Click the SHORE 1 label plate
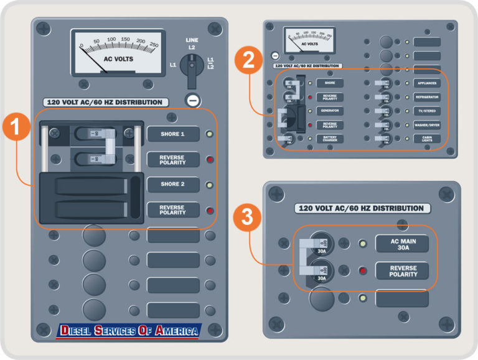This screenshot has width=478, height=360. point(173,134)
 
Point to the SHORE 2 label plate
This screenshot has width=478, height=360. point(173,185)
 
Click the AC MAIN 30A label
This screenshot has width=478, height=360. point(402,244)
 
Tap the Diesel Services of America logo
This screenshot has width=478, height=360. point(128,330)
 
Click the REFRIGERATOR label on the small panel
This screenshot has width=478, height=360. point(427,97)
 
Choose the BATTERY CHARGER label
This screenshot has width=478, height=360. point(330,139)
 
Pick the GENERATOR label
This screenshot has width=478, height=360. point(330,111)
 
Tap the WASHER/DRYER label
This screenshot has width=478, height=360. point(427,125)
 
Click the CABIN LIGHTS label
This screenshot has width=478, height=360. point(427,139)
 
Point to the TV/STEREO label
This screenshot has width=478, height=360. point(427,111)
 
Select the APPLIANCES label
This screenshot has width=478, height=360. point(427,83)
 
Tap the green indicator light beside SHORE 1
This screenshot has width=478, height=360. point(210,134)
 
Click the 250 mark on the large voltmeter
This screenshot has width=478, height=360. point(154,45)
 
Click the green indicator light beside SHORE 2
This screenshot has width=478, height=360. point(210,185)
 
